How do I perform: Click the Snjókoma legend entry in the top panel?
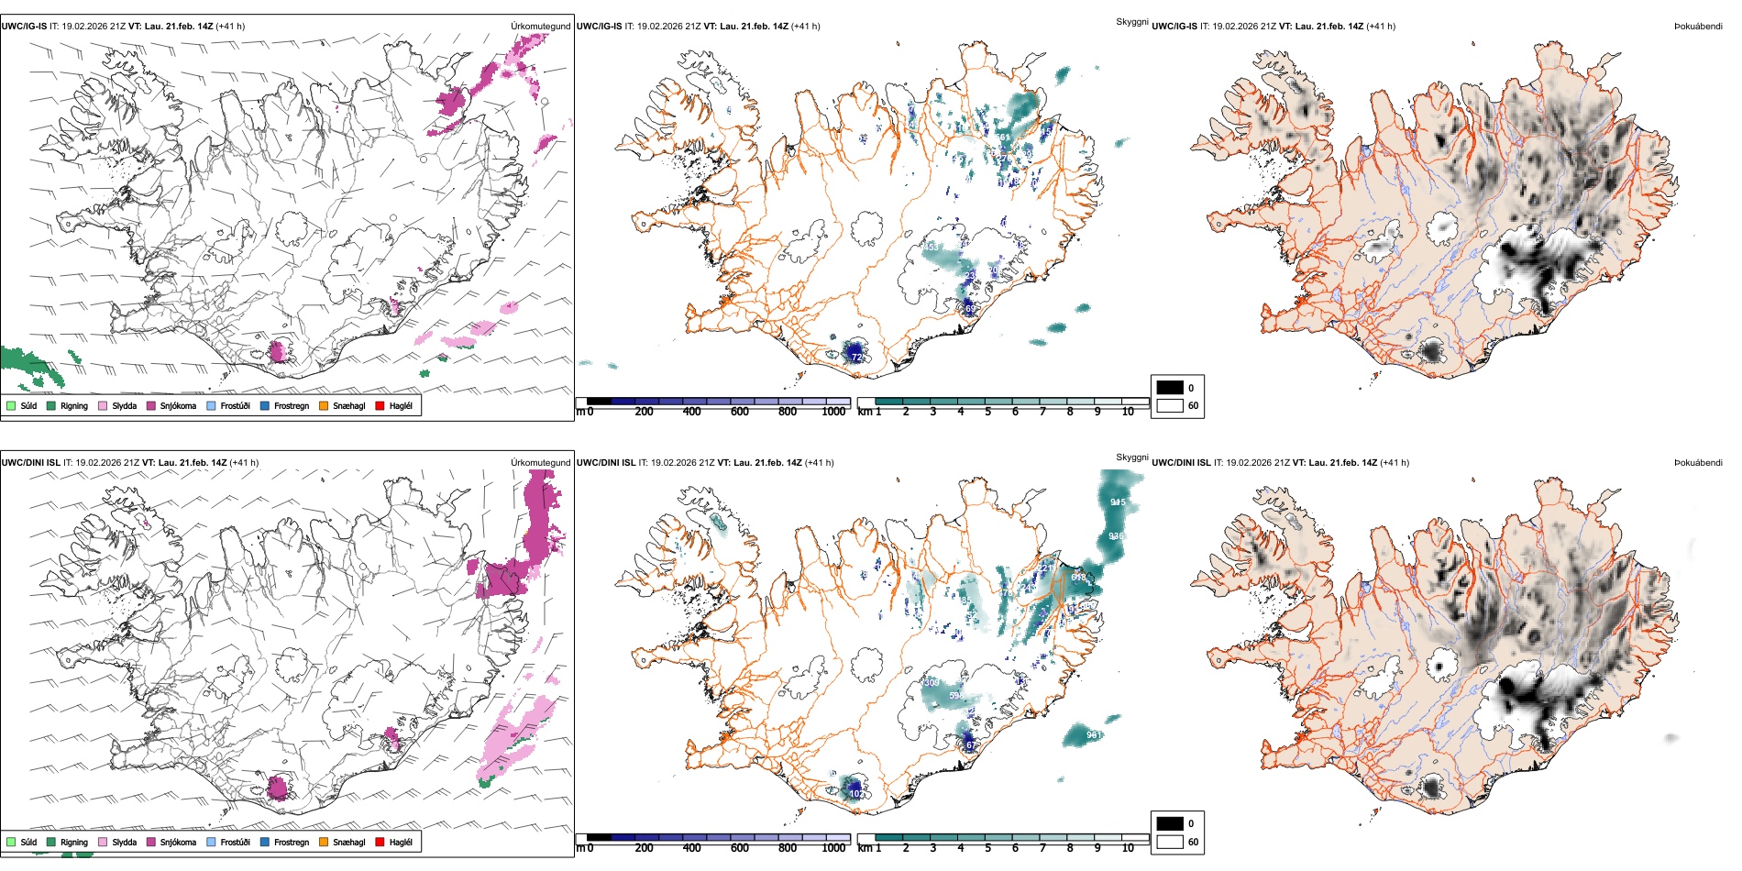coord(178,405)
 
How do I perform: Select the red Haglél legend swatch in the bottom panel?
coord(380,842)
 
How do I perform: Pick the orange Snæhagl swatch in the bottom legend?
coord(324,842)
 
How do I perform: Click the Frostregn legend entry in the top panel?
coord(291,405)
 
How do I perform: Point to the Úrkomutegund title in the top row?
coord(540,27)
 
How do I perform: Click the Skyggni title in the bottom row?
coord(1131,457)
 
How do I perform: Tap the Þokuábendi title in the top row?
coord(1698,27)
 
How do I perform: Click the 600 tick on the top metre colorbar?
coord(740,412)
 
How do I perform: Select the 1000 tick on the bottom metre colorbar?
coord(833,848)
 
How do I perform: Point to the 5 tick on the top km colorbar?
coord(987,412)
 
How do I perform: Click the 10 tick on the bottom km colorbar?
coord(1128,848)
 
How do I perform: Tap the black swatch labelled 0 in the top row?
coord(1170,388)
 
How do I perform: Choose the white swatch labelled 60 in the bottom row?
coord(1170,842)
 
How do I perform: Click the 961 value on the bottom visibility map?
coord(1094,735)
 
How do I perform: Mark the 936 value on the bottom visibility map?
coord(1116,536)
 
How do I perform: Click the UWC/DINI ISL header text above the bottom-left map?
coord(30,463)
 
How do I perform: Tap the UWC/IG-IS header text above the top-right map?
coord(1174,27)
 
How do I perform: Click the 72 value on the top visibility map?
coord(856,357)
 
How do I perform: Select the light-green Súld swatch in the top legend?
coord(11,405)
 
